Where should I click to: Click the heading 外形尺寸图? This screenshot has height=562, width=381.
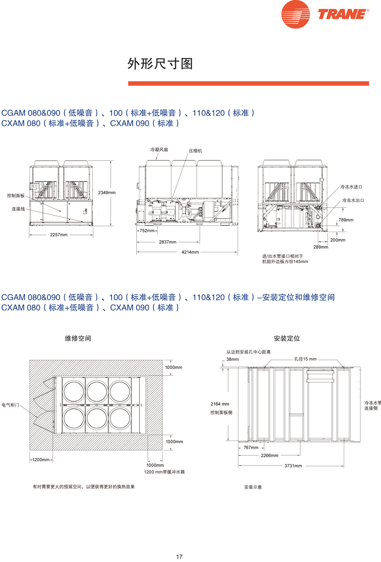(160, 64)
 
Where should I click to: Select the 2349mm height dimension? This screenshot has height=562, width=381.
(107, 192)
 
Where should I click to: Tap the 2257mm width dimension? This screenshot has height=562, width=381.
(58, 234)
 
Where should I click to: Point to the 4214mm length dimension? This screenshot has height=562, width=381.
(190, 252)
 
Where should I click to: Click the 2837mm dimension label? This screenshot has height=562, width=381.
(168, 242)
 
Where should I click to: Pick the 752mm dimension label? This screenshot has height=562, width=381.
(147, 231)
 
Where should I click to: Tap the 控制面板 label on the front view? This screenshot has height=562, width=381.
(16, 196)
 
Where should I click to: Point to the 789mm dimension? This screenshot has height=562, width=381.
(346, 220)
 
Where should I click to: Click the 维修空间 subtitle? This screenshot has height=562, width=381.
(78, 338)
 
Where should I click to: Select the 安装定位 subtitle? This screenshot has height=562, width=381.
(286, 338)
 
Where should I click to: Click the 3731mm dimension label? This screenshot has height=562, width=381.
(293, 466)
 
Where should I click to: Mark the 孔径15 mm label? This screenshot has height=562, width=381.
(305, 359)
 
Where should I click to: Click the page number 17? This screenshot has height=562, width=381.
(179, 557)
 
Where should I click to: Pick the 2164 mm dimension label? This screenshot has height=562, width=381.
(220, 404)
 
